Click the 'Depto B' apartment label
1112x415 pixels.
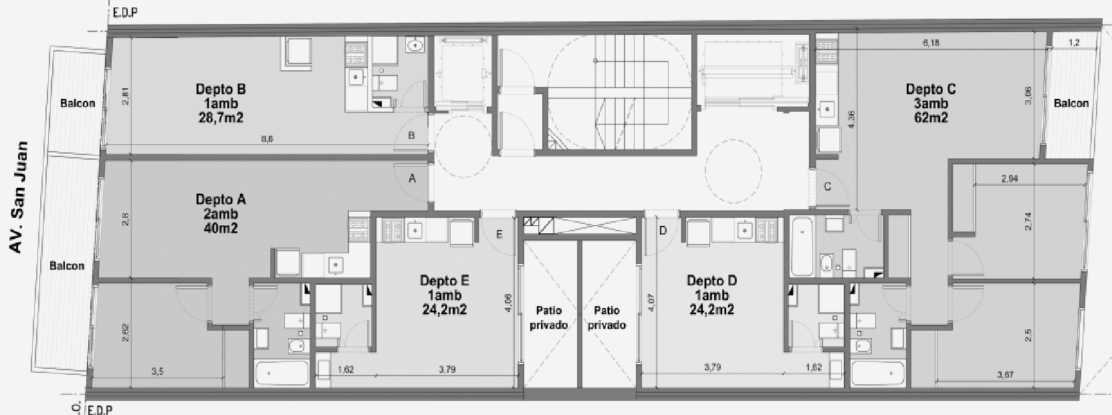tap(221, 89)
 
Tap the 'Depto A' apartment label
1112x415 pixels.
tap(221, 199)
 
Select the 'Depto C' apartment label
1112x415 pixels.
tap(930, 89)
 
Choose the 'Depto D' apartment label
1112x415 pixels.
tap(711, 281)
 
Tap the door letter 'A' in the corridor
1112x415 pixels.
tap(413, 178)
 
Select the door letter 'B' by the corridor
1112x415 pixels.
tap(411, 136)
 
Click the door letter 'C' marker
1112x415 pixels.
tap(827, 186)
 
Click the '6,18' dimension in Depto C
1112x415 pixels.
tap(931, 43)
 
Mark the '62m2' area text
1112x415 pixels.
tap(930, 118)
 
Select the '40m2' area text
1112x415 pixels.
tap(221, 229)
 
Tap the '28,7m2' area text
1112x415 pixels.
tap(221, 118)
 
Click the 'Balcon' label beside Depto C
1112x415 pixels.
tap(1071, 103)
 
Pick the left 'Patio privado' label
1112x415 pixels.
tap(549, 317)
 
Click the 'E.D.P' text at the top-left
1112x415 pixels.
tap(126, 13)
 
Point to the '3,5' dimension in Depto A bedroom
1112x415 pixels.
tap(157, 372)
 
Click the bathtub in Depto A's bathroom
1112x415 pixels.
tap(282, 374)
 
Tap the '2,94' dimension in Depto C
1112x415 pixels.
tap(1010, 179)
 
